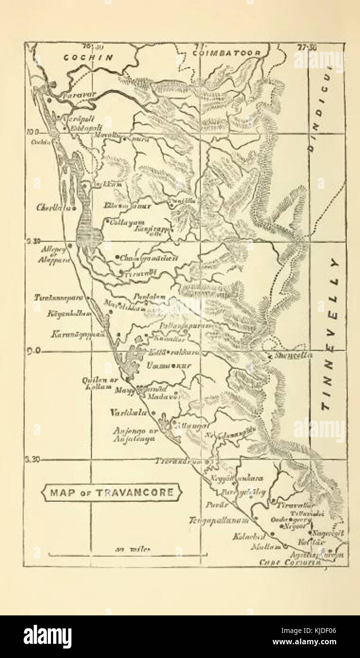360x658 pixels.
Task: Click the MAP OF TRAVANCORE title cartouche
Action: (112, 492)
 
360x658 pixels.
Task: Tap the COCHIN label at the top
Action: (89, 57)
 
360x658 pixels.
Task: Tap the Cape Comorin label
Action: (290, 562)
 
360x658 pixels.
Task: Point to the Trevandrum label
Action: (181, 461)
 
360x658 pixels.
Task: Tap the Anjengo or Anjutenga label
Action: (134, 435)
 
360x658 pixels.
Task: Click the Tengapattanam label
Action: (219, 520)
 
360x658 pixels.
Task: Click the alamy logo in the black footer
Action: (47, 637)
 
